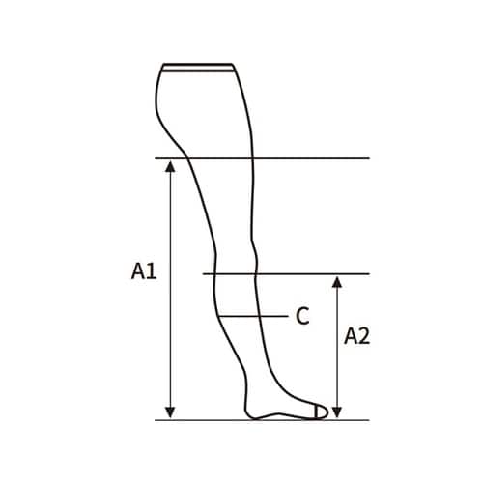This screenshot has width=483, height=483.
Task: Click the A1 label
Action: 144,272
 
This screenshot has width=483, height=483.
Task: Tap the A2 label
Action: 358,336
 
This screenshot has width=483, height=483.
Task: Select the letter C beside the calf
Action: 302,315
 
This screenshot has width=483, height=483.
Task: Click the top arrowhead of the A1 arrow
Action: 171,165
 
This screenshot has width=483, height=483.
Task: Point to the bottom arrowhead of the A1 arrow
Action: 171,412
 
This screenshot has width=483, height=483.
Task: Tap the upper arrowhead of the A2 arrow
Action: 336,282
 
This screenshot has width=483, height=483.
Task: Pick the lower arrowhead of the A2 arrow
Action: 336,412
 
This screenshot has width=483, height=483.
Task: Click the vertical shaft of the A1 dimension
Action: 171,290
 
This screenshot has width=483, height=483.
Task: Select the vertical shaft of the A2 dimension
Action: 336,348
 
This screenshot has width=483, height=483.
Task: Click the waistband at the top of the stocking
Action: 198,67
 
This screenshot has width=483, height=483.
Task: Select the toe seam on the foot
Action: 320,412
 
